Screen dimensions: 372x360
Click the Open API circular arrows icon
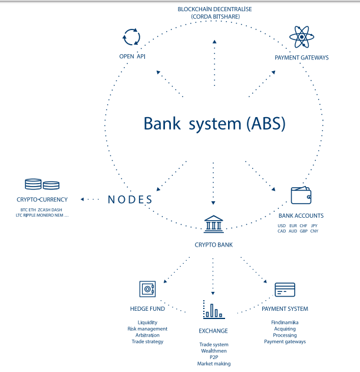(x=130, y=36)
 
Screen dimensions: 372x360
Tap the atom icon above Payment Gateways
(x=302, y=38)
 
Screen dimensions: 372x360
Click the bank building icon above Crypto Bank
(x=213, y=224)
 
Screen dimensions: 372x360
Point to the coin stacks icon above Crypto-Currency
(x=42, y=184)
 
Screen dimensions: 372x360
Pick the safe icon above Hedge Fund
(x=147, y=289)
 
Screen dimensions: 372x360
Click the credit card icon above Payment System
(x=285, y=290)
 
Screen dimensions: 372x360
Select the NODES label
(x=130, y=200)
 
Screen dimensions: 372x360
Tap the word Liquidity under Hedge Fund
(x=147, y=322)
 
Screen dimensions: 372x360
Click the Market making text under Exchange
(x=213, y=364)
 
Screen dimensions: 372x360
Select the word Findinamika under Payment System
(x=285, y=322)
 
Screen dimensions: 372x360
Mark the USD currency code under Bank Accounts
(x=282, y=225)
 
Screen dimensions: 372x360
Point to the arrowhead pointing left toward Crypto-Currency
(x=82, y=200)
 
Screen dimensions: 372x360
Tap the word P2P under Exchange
(x=213, y=357)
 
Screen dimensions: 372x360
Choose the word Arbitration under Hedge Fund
(x=147, y=335)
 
